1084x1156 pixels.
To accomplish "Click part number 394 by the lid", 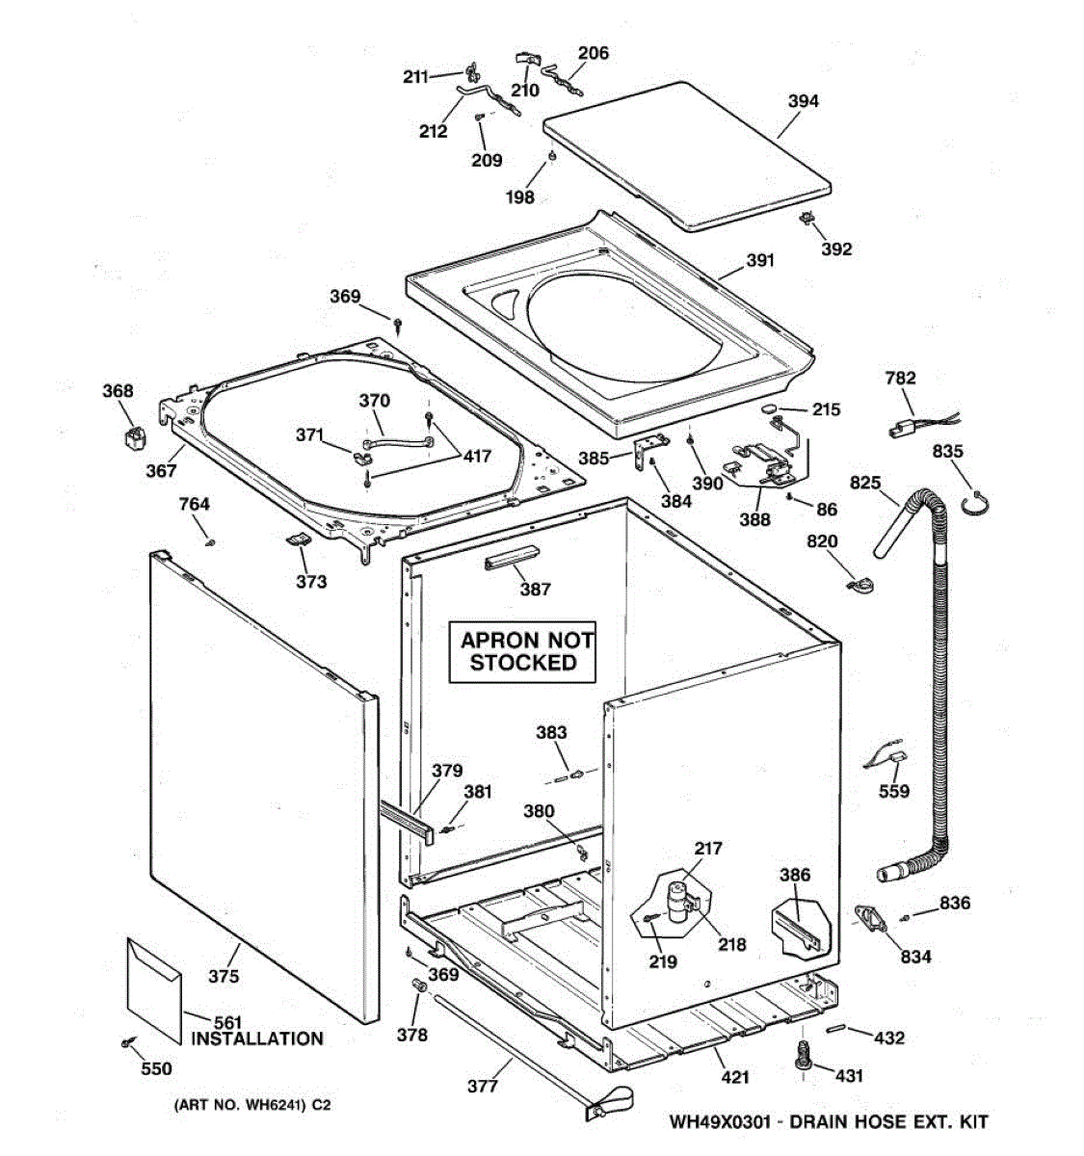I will click(803, 101).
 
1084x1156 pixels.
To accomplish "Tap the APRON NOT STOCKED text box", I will click(522, 651).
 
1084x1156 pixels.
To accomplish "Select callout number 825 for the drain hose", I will click(864, 482).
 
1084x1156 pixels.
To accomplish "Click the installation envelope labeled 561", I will click(153, 987).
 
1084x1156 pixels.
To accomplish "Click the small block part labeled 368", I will click(130, 438).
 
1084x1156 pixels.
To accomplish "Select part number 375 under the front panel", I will click(224, 977).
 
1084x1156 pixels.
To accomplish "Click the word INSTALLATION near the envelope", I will click(256, 1038).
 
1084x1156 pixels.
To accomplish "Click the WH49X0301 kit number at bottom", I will click(723, 1121).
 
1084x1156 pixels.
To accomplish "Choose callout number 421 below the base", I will click(735, 1077).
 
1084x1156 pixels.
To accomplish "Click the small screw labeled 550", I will click(126, 1042).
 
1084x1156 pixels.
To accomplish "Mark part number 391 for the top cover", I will click(759, 260).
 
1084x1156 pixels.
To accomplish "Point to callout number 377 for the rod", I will click(483, 1087).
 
